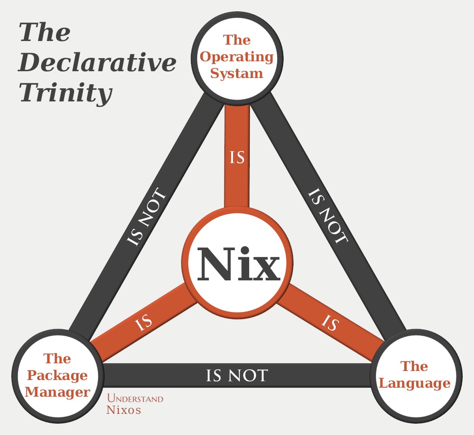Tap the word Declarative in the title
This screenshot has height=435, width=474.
point(97,63)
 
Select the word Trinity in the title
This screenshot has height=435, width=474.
point(65,93)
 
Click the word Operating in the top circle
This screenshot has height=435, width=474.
point(237,57)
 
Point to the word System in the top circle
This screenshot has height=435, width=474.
point(237,73)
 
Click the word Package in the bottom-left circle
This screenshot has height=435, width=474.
point(57,375)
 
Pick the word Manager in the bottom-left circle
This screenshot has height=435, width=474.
point(57,392)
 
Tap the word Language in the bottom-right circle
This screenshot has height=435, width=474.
point(414,383)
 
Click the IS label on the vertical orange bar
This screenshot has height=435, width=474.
point(237,158)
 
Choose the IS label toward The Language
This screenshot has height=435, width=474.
point(330,323)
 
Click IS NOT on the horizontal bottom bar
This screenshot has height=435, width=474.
point(237,375)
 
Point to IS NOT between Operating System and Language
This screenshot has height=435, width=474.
point(328,216)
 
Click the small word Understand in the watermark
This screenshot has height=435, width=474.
point(135,399)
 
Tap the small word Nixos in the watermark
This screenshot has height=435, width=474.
point(123,410)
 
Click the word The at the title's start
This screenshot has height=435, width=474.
point(44,33)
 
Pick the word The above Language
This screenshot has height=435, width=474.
point(414,366)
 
